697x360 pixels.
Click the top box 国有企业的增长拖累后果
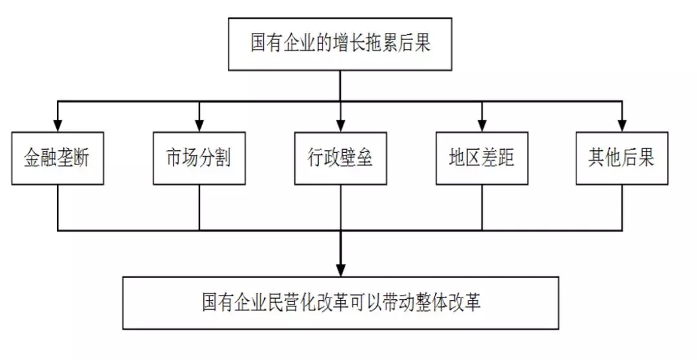[340, 45]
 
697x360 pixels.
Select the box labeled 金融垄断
[57, 158]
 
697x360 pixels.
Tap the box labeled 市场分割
[199, 158]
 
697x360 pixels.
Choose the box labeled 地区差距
[481, 158]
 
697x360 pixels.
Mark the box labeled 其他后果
[621, 158]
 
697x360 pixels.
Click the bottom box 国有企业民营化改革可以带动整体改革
[341, 303]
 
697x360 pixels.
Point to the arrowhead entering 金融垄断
[57, 125]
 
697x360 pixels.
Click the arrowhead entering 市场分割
[199, 125]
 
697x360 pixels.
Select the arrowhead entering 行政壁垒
[340, 125]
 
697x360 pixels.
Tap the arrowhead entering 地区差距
[481, 125]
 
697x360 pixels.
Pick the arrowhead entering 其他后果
[622, 125]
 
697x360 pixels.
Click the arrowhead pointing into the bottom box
[340, 269]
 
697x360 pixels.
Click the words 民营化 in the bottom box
[287, 303]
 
